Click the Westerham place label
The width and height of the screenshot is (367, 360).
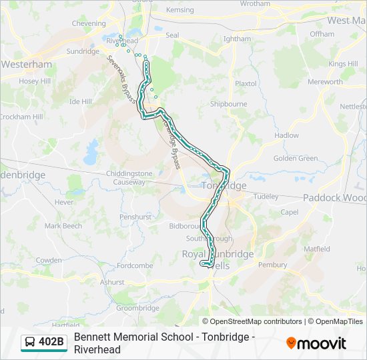tap(27, 65)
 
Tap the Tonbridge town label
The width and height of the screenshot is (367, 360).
tap(224, 185)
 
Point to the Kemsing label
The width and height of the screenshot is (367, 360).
tap(179, 11)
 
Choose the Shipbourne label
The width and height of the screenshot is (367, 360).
tap(228, 104)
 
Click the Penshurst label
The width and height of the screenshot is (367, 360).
tap(135, 217)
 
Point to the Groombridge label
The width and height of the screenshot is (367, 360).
tap(137, 308)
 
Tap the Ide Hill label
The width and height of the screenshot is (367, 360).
tap(81, 101)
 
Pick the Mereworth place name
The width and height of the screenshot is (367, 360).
tap(325, 82)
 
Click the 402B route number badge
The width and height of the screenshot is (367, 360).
tap(51, 343)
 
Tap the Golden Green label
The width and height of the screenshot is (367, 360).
tap(296, 158)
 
